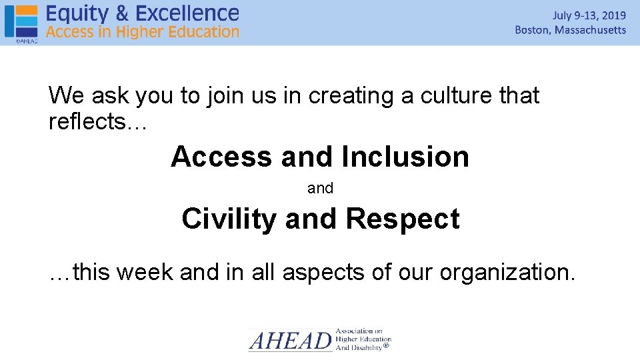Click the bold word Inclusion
[405, 157]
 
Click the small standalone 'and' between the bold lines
[320, 189]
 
